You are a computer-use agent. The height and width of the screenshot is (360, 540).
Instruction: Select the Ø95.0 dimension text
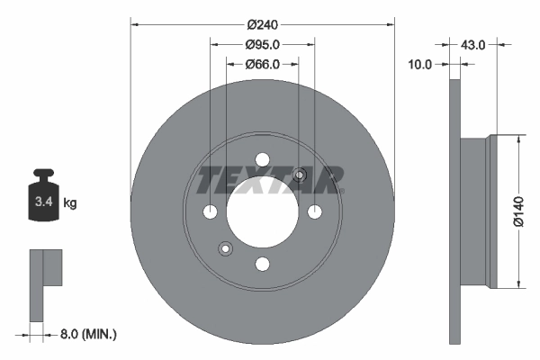click(262, 44)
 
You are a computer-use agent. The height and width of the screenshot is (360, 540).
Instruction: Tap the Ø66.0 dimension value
click(262, 64)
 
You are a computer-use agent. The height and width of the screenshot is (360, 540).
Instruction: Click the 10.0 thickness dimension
click(420, 64)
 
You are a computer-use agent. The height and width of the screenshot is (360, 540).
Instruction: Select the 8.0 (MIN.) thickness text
click(86, 334)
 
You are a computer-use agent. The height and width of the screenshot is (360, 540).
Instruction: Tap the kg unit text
click(70, 203)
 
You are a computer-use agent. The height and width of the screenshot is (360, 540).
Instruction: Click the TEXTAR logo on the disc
click(269, 180)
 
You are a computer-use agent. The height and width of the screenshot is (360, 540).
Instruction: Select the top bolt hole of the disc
click(262, 159)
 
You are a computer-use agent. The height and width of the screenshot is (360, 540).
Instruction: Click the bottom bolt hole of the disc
click(262, 264)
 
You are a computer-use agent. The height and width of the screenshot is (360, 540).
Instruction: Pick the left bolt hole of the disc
click(210, 211)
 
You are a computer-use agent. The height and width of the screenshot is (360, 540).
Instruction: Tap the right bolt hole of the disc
click(314, 211)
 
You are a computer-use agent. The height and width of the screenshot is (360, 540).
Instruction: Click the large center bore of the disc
click(262, 211)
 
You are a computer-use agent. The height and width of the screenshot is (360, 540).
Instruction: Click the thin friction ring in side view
click(454, 211)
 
